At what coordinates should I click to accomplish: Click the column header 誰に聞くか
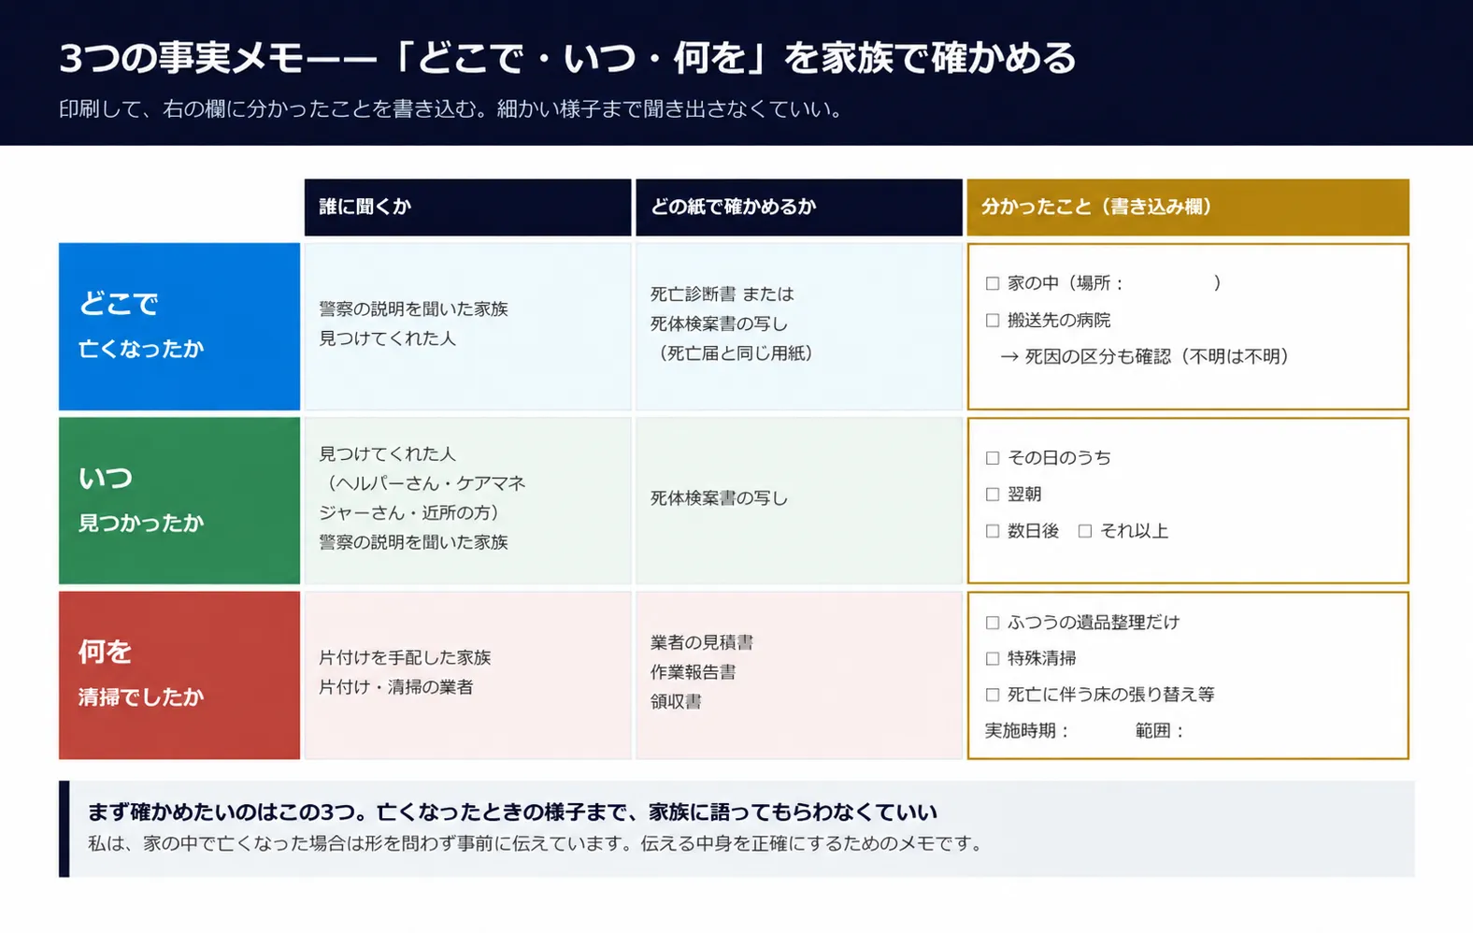365,207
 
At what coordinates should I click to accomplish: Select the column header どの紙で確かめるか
733,207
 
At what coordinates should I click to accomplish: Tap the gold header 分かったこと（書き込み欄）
1096,207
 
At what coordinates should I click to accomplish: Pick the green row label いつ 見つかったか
179,501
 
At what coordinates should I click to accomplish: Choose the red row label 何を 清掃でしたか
179,675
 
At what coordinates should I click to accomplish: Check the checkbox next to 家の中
993,283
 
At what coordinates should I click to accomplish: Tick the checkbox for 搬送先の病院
993,321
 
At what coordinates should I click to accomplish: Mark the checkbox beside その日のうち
993,458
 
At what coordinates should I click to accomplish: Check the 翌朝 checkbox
993,495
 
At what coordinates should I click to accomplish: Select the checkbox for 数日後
993,531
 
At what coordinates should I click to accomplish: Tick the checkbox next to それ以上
1085,531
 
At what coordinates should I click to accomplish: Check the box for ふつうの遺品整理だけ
993,623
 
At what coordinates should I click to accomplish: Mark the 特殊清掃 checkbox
993,659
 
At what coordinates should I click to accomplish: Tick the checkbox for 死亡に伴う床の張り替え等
993,695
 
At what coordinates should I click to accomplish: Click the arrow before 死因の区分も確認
1009,357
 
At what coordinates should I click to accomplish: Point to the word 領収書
676,702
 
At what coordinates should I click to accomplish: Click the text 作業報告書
694,672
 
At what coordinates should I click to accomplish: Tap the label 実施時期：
1028,731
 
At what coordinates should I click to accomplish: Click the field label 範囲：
1160,731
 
